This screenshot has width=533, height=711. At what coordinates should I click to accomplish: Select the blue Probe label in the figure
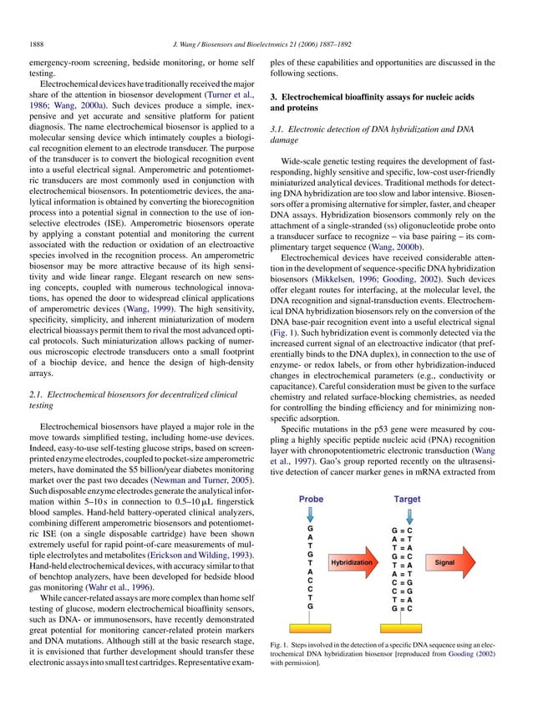click(x=311, y=499)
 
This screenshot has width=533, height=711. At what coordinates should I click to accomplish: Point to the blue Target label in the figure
click(x=407, y=499)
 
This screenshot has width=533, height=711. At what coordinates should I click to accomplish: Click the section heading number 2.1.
click(x=36, y=392)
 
